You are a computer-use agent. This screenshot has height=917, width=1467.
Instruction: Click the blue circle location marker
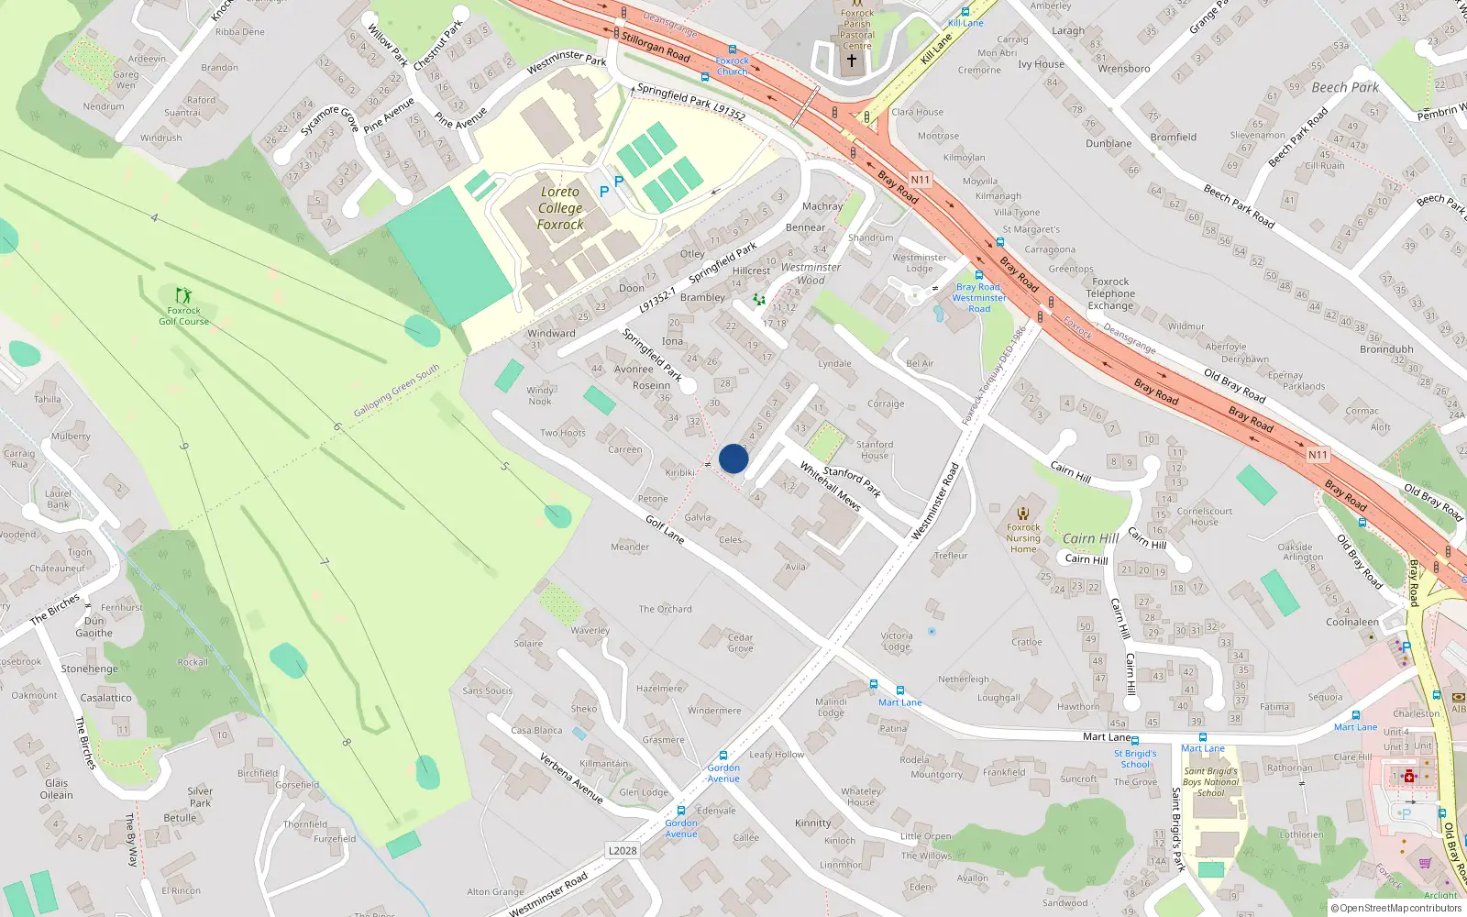pyautogui.click(x=733, y=458)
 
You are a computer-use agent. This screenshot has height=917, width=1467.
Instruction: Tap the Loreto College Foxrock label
pyautogui.click(x=560, y=208)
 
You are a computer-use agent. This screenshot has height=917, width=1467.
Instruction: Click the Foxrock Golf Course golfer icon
pyautogui.click(x=183, y=295)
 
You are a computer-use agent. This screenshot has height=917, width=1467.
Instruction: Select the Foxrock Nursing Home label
pyautogui.click(x=1023, y=538)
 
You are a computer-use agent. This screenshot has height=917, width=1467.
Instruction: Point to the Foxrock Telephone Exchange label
pyautogui.click(x=1110, y=294)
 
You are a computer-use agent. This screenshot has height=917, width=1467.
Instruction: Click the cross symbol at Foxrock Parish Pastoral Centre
pyautogui.click(x=852, y=61)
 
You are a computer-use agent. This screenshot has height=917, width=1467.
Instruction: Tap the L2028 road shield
pyautogui.click(x=623, y=851)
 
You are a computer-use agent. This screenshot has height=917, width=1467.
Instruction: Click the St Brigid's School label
pyautogui.click(x=1135, y=759)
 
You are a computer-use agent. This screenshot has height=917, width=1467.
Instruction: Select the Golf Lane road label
pyautogui.click(x=665, y=529)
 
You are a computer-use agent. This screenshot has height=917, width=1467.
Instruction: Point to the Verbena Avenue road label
pyautogui.click(x=571, y=779)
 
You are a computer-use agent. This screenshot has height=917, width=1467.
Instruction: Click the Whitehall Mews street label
pyautogui.click(x=830, y=486)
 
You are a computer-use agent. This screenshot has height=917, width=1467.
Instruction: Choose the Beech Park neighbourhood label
pyautogui.click(x=1345, y=88)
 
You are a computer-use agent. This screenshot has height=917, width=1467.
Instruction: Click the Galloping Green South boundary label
pyautogui.click(x=397, y=390)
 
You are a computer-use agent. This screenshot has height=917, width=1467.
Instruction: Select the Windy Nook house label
pyautogui.click(x=540, y=396)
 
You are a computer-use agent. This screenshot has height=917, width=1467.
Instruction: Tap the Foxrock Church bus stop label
pyautogui.click(x=732, y=66)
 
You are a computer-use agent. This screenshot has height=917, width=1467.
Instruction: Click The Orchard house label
pyautogui.click(x=666, y=609)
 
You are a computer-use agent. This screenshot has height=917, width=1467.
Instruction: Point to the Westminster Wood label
pyautogui.click(x=811, y=274)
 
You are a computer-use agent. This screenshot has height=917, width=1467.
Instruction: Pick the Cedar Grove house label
pyautogui.click(x=741, y=643)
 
